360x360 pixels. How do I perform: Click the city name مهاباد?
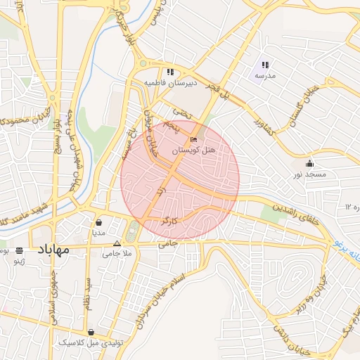pyautogui.click(x=54, y=249)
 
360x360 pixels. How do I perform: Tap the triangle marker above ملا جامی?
pyautogui.click(x=117, y=244)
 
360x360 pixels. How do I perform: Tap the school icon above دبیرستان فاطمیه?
pyautogui.click(x=170, y=72)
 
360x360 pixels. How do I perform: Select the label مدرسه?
pyautogui.click(x=265, y=75)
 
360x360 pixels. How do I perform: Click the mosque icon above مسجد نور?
pyautogui.click(x=309, y=163)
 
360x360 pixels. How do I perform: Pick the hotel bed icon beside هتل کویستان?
pyautogui.click(x=194, y=140)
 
